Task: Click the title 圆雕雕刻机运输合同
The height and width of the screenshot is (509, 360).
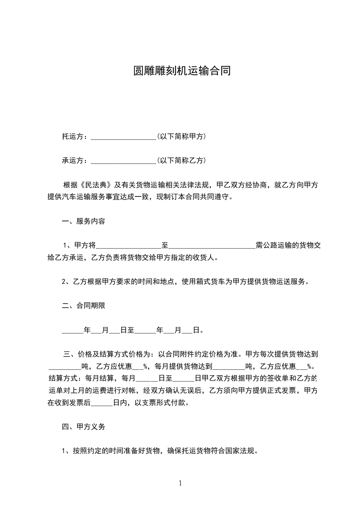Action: click(x=180, y=71)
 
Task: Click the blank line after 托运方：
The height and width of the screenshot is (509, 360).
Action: click(x=123, y=137)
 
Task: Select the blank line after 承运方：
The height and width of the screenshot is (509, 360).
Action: click(x=123, y=161)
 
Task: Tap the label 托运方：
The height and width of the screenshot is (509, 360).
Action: click(x=76, y=136)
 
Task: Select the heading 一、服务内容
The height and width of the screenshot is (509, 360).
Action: click(x=84, y=221)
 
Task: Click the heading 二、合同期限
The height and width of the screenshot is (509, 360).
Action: click(x=84, y=306)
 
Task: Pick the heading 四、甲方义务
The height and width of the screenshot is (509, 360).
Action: click(x=84, y=427)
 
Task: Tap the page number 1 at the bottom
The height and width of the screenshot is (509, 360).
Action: click(x=180, y=483)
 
